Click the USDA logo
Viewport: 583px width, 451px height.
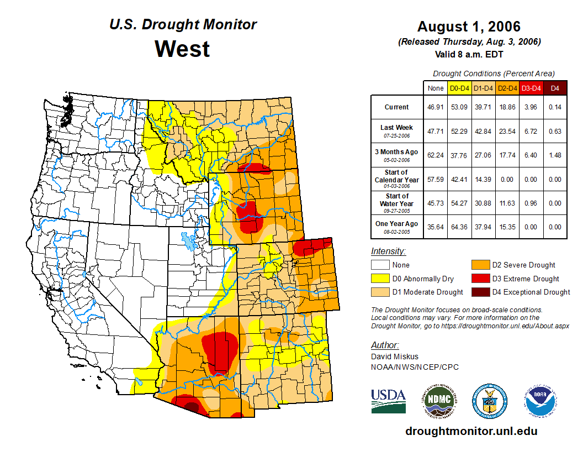[x=388, y=401]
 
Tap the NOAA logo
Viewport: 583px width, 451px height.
[x=540, y=401]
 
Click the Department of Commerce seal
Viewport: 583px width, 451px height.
[x=489, y=401]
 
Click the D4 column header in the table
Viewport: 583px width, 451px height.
[x=555, y=87]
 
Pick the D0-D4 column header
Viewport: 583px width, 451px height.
[x=459, y=87]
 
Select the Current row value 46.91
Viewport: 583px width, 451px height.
[x=436, y=107]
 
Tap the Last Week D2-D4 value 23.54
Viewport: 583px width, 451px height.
[x=507, y=131]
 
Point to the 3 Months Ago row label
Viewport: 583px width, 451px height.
[x=397, y=155]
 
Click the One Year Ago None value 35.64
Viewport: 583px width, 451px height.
[x=436, y=227]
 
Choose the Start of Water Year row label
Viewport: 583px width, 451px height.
[x=397, y=203]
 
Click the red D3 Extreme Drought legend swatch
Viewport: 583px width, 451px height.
[x=480, y=279]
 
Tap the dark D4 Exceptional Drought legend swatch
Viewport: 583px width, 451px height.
[x=480, y=292]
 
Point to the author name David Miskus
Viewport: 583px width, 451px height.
[x=395, y=356]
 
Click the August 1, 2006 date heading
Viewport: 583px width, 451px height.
[x=469, y=27]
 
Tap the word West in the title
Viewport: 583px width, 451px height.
[x=182, y=49]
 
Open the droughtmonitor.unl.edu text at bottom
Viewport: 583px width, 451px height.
[x=471, y=431]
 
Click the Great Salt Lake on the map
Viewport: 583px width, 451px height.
[x=189, y=241]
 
